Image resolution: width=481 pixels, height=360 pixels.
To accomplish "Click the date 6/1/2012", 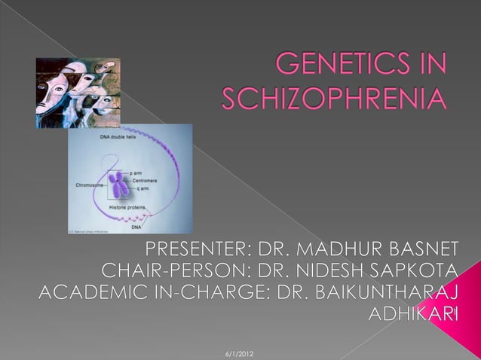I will pos(240,352).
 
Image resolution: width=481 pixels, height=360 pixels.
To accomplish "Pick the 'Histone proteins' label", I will pos(129,206).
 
